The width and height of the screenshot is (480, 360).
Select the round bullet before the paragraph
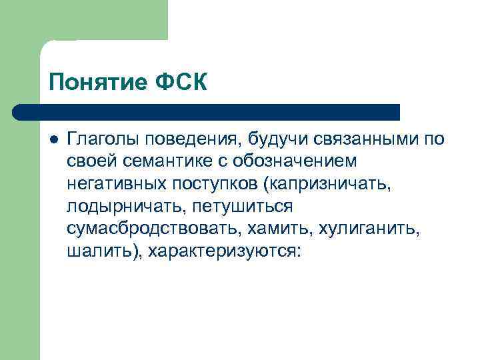(x=54, y=139)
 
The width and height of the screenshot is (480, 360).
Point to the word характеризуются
(x=225, y=253)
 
